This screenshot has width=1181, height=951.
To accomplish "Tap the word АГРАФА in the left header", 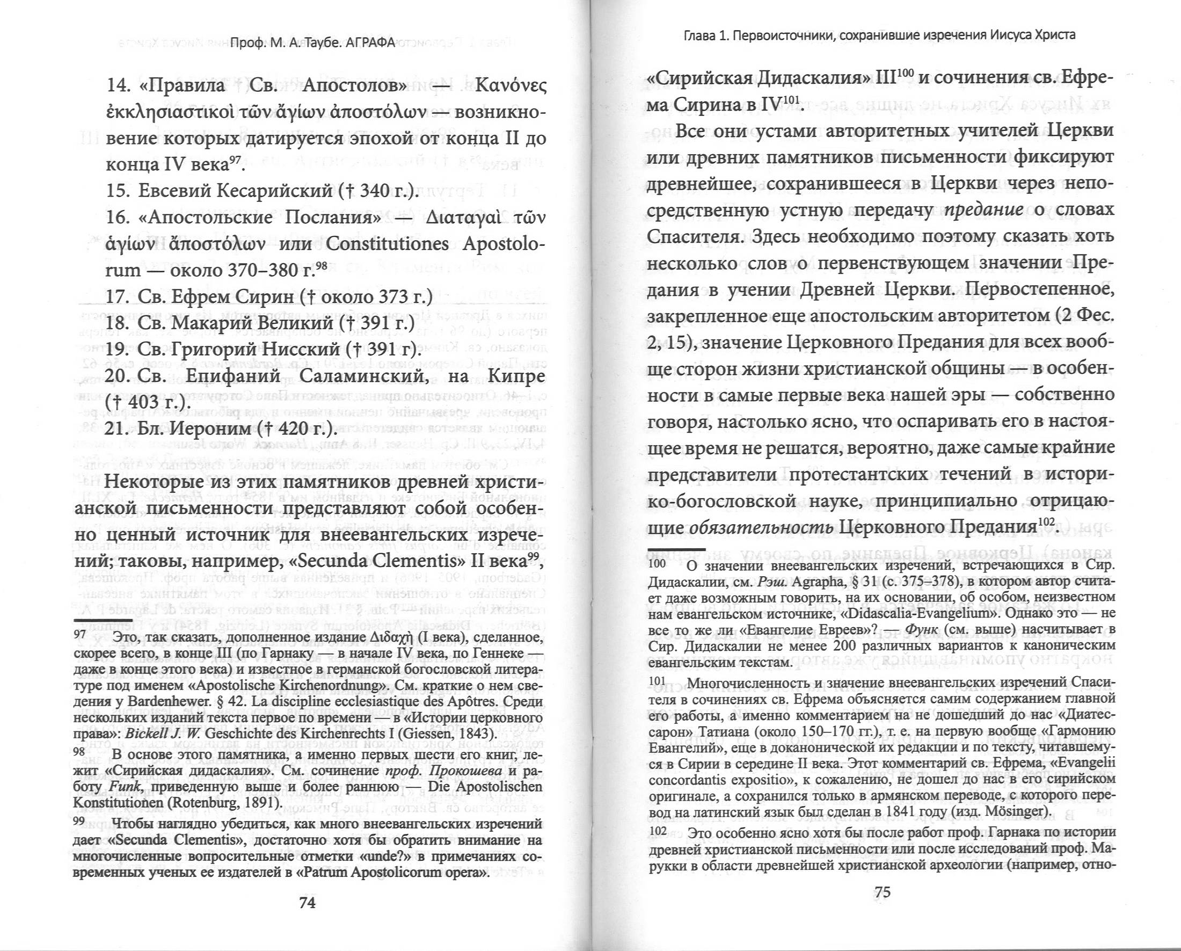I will coord(371,43).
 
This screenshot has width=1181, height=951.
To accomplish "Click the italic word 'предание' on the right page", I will coord(985,210).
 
